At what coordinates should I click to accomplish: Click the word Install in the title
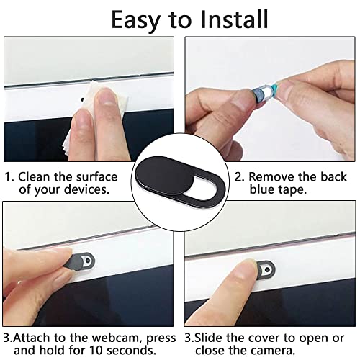point(234,19)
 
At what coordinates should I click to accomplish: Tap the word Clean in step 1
point(34,176)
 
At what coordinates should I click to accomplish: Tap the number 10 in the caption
point(96,351)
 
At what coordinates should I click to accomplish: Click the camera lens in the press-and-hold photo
point(88,261)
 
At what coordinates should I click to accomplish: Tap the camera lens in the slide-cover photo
point(267,270)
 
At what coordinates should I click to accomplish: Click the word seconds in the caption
point(131,351)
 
